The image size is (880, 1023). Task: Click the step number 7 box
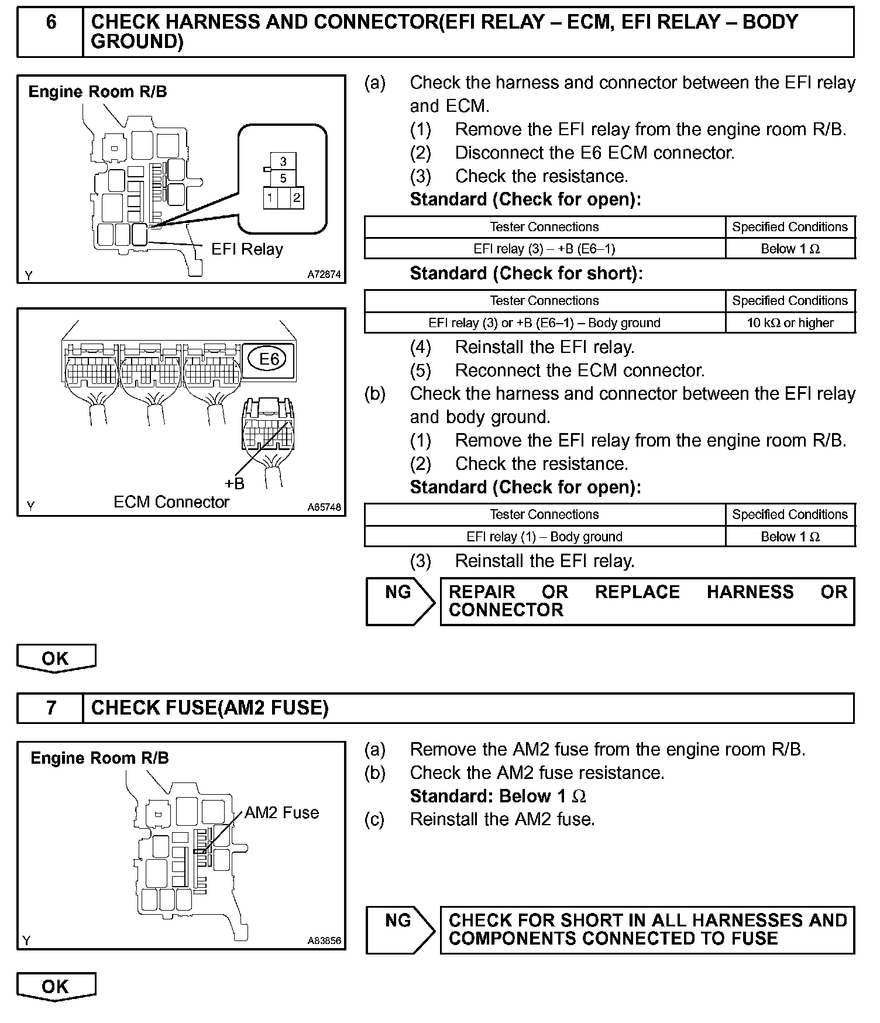point(50,708)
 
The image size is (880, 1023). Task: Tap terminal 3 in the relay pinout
point(283,162)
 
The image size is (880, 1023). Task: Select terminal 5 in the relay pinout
point(283,178)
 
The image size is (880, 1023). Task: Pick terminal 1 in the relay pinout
point(270,198)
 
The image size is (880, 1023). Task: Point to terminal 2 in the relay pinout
point(297,198)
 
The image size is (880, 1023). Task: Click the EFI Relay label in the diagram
point(247,250)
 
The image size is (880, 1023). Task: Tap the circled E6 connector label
point(269,358)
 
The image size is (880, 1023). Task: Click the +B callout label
point(234,483)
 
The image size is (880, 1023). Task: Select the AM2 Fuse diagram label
point(281,813)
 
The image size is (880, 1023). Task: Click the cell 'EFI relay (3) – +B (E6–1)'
point(544,249)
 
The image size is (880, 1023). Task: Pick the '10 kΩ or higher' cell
point(790,322)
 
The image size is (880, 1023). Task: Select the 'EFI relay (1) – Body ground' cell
point(544,537)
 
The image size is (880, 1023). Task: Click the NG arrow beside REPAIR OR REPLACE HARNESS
point(400,600)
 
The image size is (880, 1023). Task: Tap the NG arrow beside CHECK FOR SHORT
point(400,929)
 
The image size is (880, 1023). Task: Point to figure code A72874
point(324,274)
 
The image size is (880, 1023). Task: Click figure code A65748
point(324,507)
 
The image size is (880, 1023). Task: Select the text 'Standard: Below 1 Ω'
point(498,797)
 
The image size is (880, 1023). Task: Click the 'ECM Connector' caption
point(171,503)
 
